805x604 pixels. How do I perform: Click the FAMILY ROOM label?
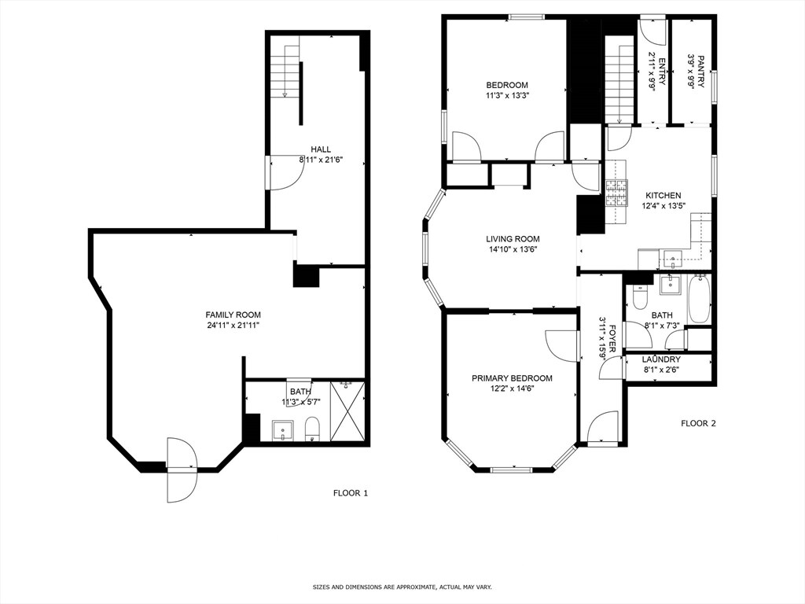pyautogui.click(x=233, y=315)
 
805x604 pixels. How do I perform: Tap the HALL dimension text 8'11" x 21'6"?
pyautogui.click(x=320, y=160)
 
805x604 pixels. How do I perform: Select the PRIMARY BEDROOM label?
pyautogui.click(x=512, y=378)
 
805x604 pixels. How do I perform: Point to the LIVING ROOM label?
pyautogui.click(x=512, y=239)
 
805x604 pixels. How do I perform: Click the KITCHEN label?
pyautogui.click(x=663, y=196)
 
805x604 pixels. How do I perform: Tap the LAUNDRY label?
pyautogui.click(x=661, y=359)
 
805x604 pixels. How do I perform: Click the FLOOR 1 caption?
pyautogui.click(x=350, y=494)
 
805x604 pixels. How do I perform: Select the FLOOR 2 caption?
pyautogui.click(x=698, y=423)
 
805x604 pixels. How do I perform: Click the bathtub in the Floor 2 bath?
pyautogui.click(x=699, y=299)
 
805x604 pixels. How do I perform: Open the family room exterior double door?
pyautogui.click(x=180, y=470)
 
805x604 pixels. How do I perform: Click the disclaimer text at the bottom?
pyautogui.click(x=402, y=587)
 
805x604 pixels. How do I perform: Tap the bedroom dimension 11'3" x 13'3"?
pyautogui.click(x=506, y=96)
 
